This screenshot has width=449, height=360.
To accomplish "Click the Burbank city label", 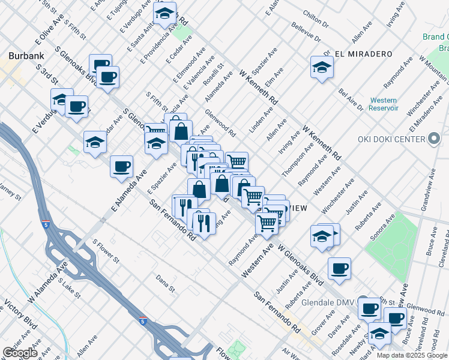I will (x=26, y=56).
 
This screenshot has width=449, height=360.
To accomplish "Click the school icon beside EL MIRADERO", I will (x=322, y=68).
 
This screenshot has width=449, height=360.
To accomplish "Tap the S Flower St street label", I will (x=106, y=250).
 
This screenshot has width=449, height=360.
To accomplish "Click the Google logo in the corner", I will (x=20, y=353).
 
